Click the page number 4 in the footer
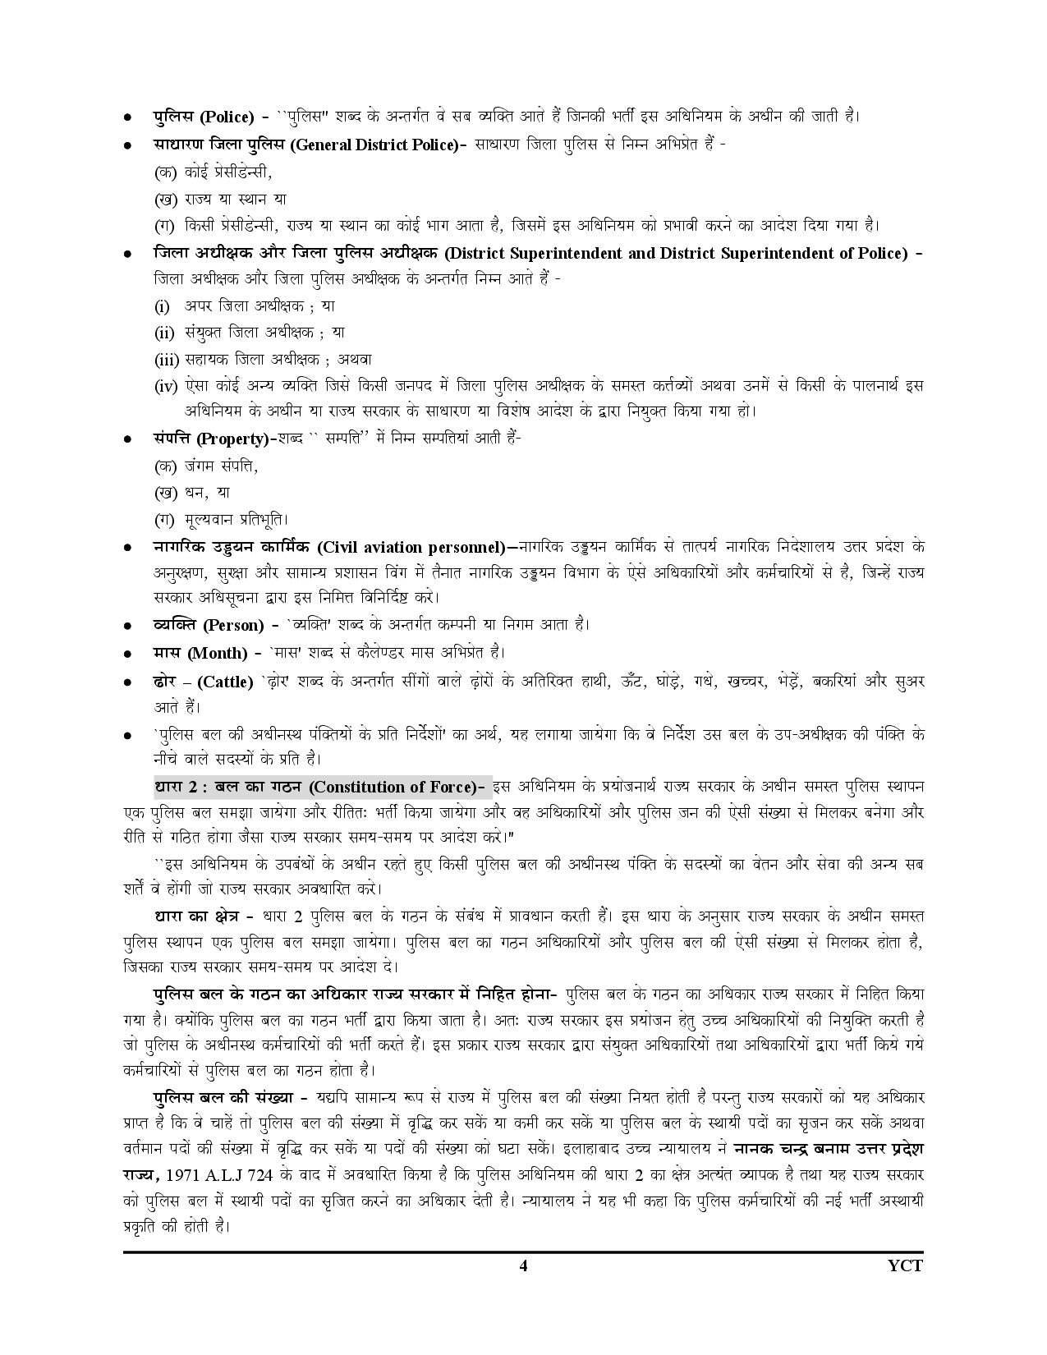[523, 1265]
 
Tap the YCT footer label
[906, 1265]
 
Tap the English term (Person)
[233, 625]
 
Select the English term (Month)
[218, 653]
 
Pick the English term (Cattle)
[226, 682]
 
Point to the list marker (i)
[163, 306]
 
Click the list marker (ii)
[165, 333]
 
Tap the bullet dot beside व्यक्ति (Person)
[128, 627]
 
